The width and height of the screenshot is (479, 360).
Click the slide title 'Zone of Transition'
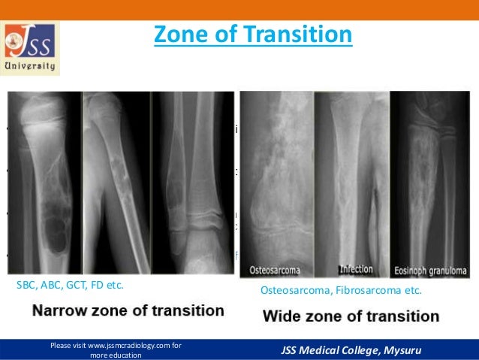(x=252, y=35)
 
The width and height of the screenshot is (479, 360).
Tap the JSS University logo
(x=31, y=47)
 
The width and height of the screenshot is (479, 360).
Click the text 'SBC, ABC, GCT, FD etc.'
(x=70, y=286)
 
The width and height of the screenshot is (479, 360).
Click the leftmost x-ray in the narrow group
(x=44, y=184)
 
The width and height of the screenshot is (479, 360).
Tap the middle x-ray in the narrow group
(x=115, y=184)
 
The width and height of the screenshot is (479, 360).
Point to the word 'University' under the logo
(x=31, y=66)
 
